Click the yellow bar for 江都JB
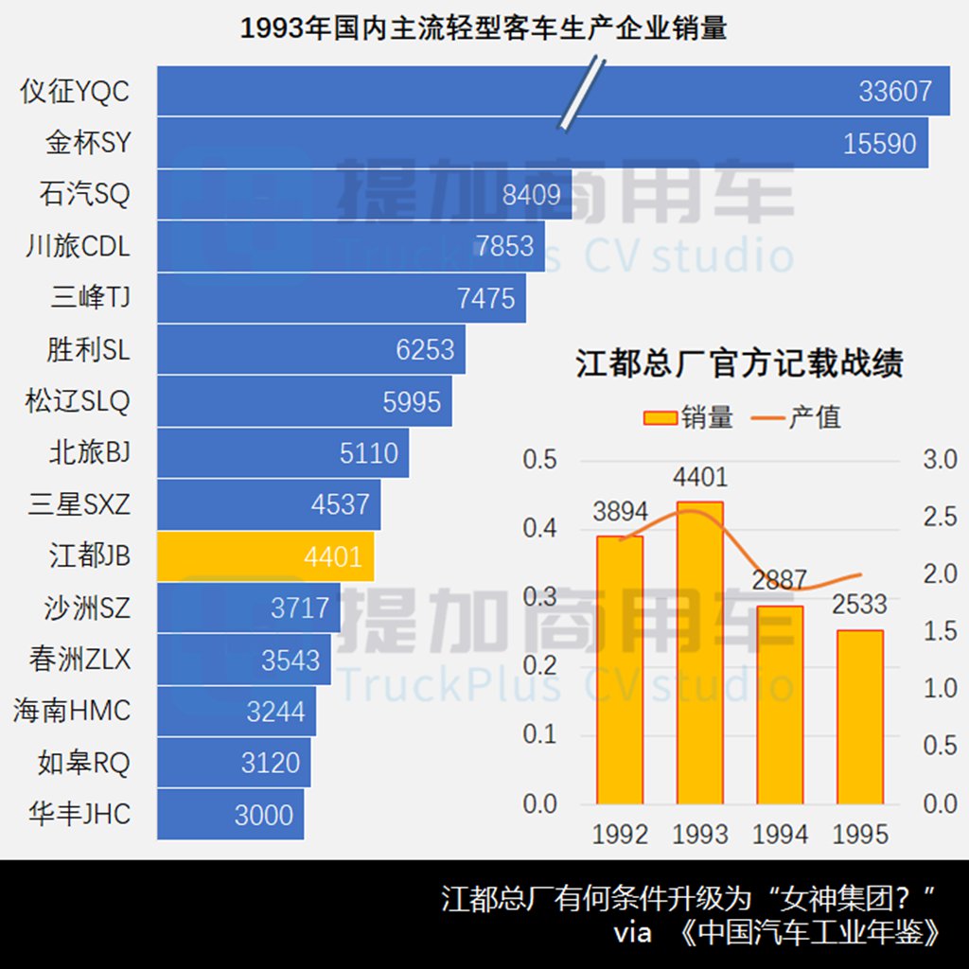pyautogui.click(x=265, y=556)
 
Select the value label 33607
pyautogui.click(x=895, y=91)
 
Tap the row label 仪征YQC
pyautogui.click(x=75, y=92)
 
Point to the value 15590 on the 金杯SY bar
pyautogui.click(x=880, y=143)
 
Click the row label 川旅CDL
pyautogui.click(x=78, y=247)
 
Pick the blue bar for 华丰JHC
pyautogui.click(x=230, y=815)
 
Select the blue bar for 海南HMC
pyautogui.click(x=236, y=712)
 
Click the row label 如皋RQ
pyautogui.click(x=83, y=763)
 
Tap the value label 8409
pyautogui.click(x=531, y=195)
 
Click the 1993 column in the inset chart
pyautogui.click(x=700, y=653)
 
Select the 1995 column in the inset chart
pyautogui.click(x=860, y=716)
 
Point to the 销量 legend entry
pyautogui.click(x=688, y=416)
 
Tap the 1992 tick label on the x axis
pyautogui.click(x=620, y=834)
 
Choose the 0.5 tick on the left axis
pyautogui.click(x=540, y=460)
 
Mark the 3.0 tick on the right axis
pyautogui.click(x=941, y=460)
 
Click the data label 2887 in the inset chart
pyautogui.click(x=780, y=580)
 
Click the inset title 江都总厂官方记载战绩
pyautogui.click(x=739, y=363)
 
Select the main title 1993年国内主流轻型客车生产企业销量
pyautogui.click(x=484, y=27)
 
